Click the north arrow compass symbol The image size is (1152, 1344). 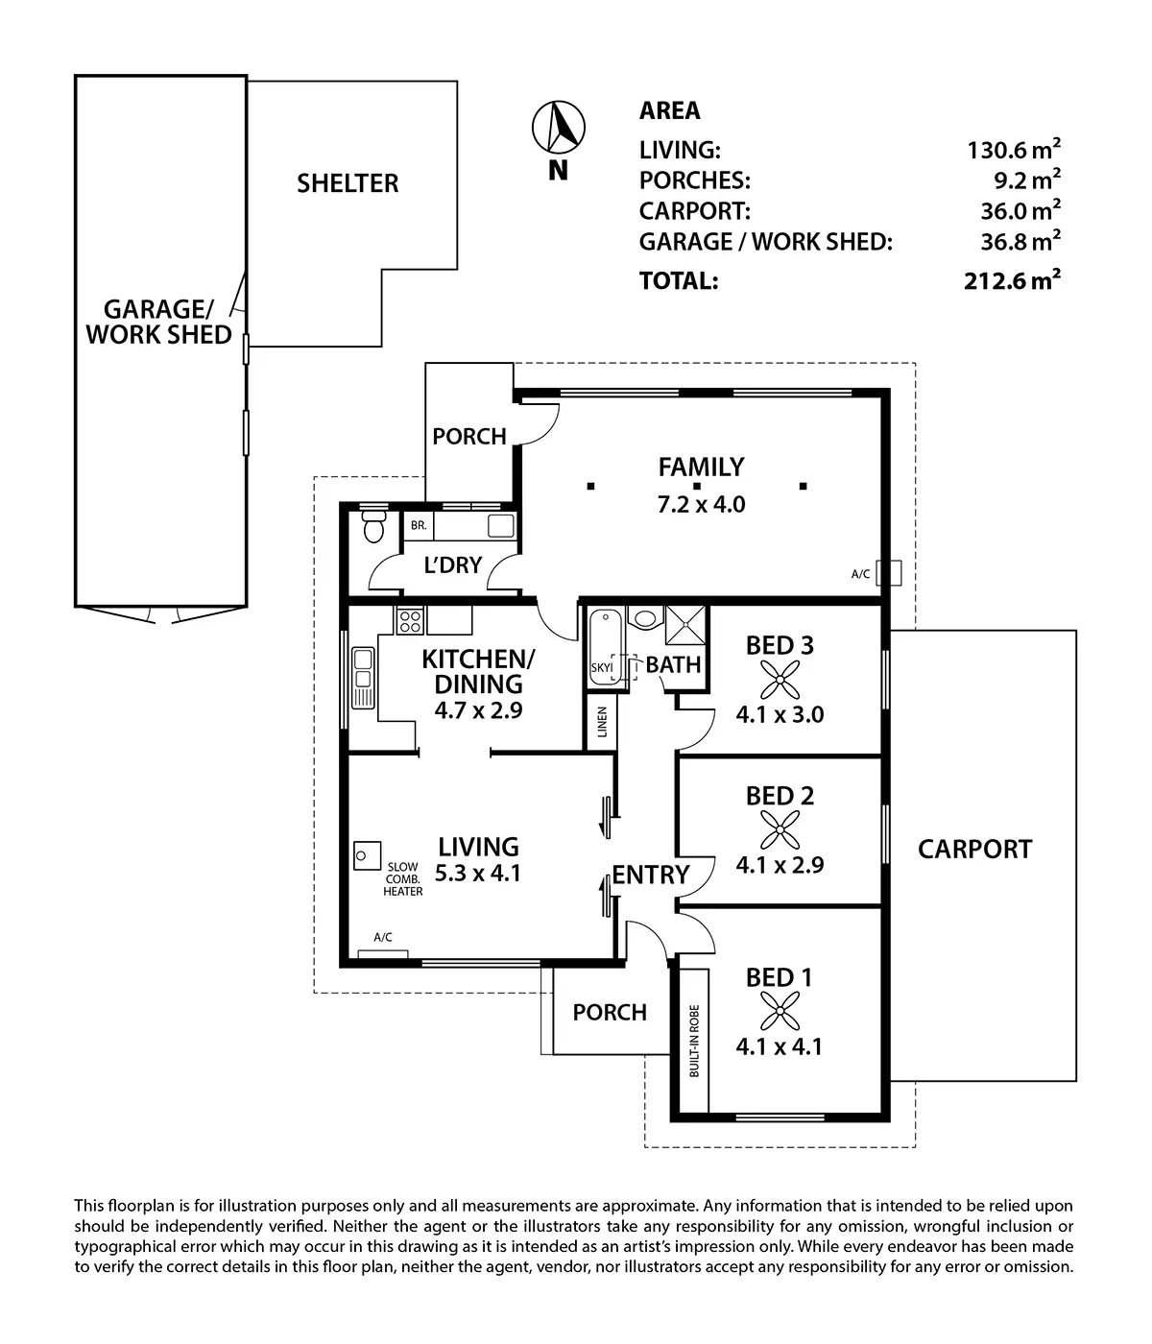point(559,128)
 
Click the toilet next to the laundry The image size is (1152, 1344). point(372,527)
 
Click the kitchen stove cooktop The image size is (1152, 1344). point(410,621)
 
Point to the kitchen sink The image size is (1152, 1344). point(364,678)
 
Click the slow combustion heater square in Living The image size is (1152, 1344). point(367,854)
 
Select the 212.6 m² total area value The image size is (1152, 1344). point(1012,280)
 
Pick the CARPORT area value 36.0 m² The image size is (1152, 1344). point(1012,210)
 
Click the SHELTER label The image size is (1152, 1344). point(348,183)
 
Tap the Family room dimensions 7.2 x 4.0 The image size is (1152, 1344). point(701,503)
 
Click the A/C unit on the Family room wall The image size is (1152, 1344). point(893,572)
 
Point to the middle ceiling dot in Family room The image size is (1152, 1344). point(697,487)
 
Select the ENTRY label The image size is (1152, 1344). point(651,875)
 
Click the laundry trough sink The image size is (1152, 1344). point(501,525)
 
